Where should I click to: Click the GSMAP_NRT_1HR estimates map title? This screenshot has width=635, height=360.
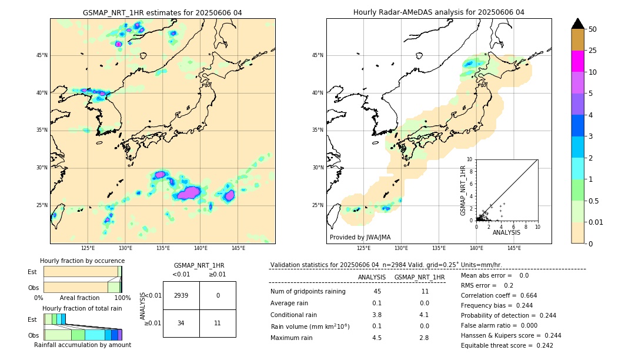tap(162, 12)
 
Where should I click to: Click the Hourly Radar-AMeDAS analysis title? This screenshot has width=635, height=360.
tap(439, 12)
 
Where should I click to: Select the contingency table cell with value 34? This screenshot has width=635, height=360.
tap(181, 323)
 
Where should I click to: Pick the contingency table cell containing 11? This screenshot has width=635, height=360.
tap(218, 323)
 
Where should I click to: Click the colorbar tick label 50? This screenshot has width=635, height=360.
tap(593, 29)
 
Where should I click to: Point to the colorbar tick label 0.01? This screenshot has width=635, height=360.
tap(596, 222)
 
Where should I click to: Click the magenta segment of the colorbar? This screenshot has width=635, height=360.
tap(577, 61)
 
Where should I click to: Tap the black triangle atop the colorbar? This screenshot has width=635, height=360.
tap(577, 24)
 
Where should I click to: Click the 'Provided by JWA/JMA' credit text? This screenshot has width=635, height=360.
tap(360, 237)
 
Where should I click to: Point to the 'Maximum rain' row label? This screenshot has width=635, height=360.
tap(291, 338)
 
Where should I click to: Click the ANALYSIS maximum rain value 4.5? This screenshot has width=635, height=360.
tap(377, 338)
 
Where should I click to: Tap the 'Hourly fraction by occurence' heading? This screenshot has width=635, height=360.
tap(82, 261)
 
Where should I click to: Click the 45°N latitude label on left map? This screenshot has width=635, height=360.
tap(42, 55)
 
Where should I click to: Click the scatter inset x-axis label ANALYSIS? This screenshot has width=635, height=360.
tap(506, 232)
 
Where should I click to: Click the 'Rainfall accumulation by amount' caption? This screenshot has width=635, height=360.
tap(82, 345)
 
